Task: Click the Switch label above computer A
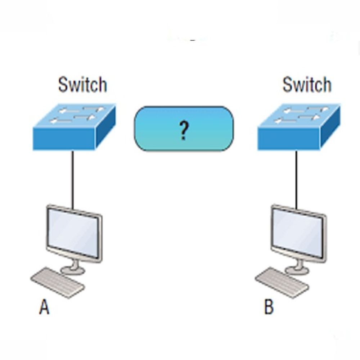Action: click(82, 85)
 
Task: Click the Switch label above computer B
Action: click(307, 85)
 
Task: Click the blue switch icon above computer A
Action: click(74, 128)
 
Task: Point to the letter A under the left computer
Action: click(44, 308)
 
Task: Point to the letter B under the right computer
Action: click(269, 308)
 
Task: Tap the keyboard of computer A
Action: click(58, 283)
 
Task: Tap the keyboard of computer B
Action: click(282, 283)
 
